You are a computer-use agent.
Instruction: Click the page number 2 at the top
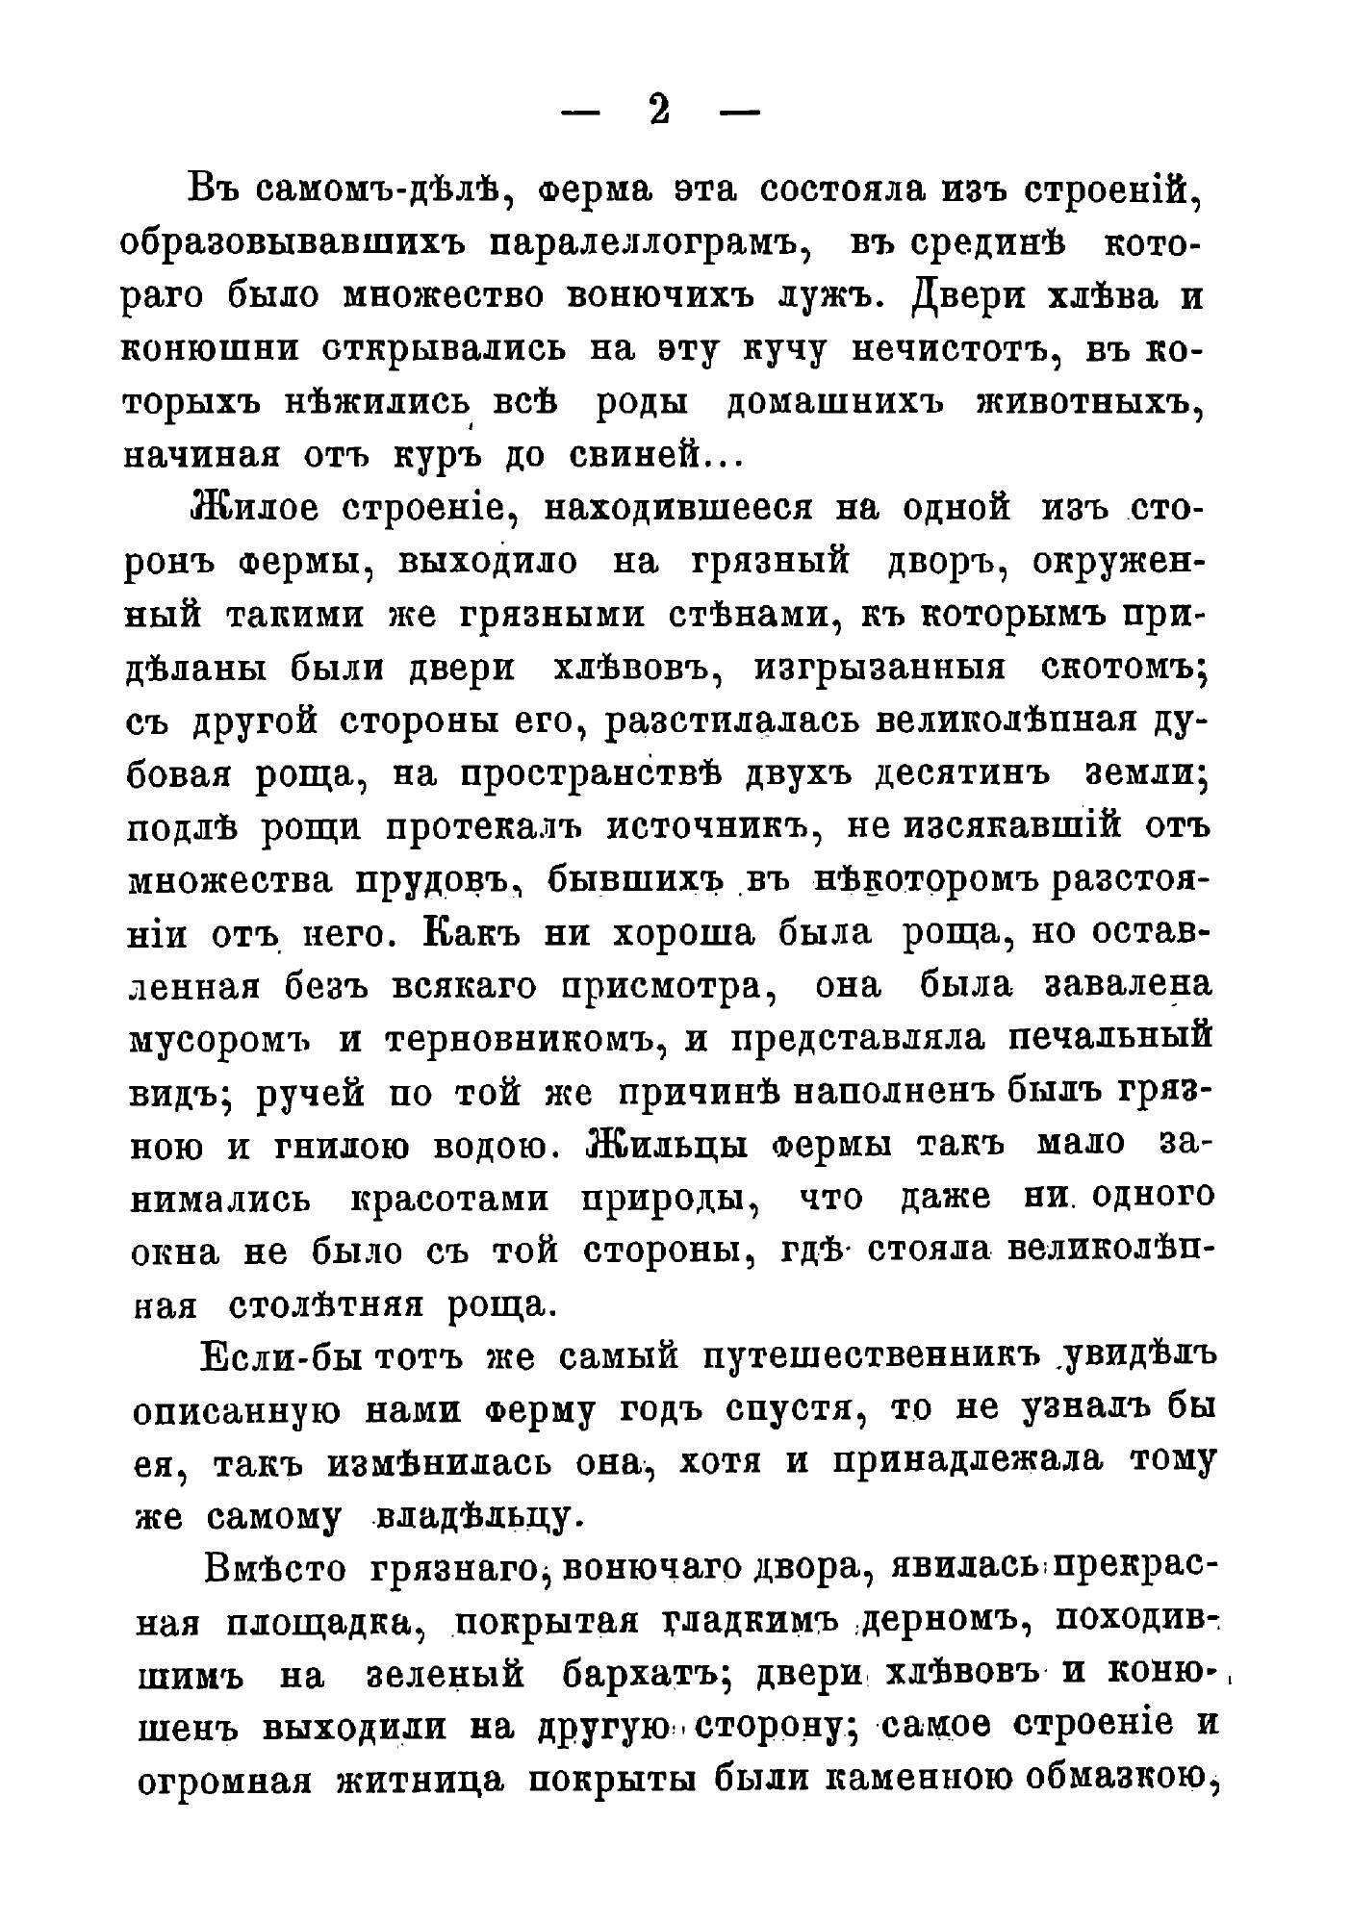[x=659, y=112]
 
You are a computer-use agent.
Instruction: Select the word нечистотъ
[x=956, y=349]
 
